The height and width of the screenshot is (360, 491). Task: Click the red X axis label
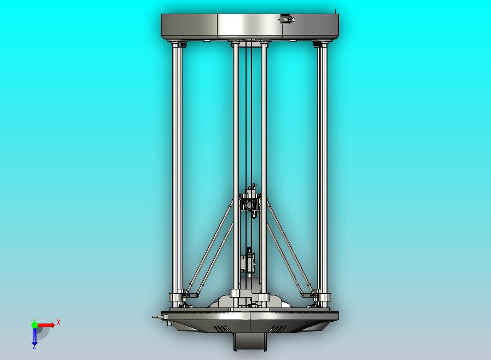click(x=59, y=322)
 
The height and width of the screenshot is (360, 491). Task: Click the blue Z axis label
click(x=34, y=346)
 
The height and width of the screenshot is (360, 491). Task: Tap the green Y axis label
click(x=34, y=321)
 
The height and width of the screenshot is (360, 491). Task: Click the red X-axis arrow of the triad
click(x=48, y=325)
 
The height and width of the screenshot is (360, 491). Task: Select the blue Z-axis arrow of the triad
click(x=34, y=336)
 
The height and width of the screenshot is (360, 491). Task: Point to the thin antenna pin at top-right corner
click(x=335, y=11)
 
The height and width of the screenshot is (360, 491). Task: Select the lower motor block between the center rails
click(x=248, y=261)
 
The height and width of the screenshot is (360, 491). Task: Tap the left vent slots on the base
click(x=221, y=328)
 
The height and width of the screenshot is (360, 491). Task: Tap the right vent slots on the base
click(x=278, y=328)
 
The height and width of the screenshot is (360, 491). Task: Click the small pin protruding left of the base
click(x=155, y=316)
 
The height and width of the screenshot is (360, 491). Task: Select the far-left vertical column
click(x=177, y=164)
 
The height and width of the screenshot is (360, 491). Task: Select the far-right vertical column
click(x=322, y=164)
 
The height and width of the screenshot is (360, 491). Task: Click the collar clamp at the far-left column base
click(x=176, y=298)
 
